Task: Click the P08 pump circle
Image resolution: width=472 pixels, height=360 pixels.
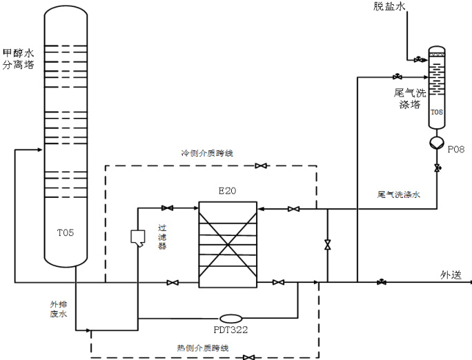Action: point(436,142)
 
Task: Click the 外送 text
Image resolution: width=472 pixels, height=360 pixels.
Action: point(451,274)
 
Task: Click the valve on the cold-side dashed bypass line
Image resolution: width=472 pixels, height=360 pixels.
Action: point(261,166)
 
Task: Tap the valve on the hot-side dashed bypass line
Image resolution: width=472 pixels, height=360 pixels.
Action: point(248,357)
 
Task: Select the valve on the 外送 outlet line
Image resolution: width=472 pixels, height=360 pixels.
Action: point(382,282)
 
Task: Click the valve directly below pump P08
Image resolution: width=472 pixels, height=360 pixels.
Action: point(436,168)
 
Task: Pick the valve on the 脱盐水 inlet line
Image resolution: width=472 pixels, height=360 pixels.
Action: point(417,60)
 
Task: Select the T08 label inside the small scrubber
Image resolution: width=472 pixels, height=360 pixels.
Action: point(436,111)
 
